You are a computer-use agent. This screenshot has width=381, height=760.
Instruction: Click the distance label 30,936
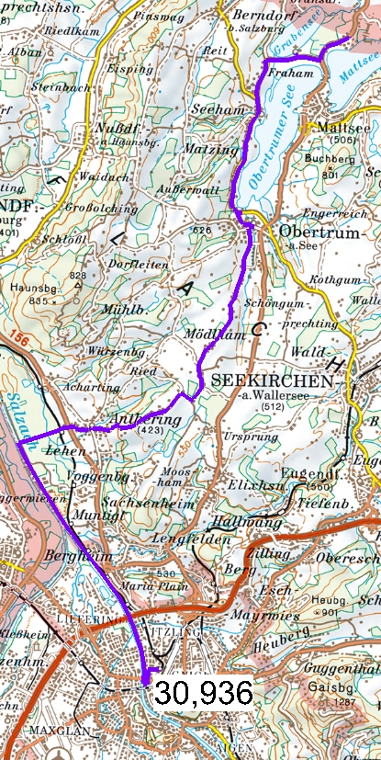click(203, 692)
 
